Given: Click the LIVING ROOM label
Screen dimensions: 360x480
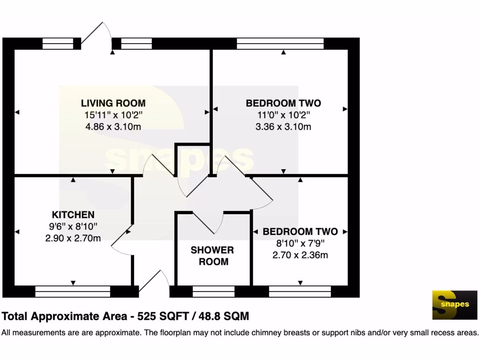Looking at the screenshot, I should tap(113, 103).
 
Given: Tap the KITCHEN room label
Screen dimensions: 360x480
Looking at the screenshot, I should tap(73, 215).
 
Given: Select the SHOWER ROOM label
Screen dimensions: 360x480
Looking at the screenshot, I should tap(212, 256).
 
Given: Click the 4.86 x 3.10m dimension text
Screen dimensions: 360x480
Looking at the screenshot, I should tap(113, 127).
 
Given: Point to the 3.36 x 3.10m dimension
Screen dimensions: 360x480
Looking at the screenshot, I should tap(283, 127).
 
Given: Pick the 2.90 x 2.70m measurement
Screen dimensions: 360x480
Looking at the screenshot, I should tap(73, 238).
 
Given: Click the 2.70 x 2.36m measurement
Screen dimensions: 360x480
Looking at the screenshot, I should tap(300, 255).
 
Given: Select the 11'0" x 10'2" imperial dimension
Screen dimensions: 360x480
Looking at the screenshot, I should tap(283, 115).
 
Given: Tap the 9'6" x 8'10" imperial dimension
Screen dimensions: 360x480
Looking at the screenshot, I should tap(73, 227).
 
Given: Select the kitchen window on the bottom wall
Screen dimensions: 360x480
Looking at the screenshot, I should tap(73, 292).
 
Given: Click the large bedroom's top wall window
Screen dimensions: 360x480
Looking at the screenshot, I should tap(280, 44).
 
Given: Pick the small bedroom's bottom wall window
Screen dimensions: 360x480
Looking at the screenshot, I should tap(300, 292).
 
